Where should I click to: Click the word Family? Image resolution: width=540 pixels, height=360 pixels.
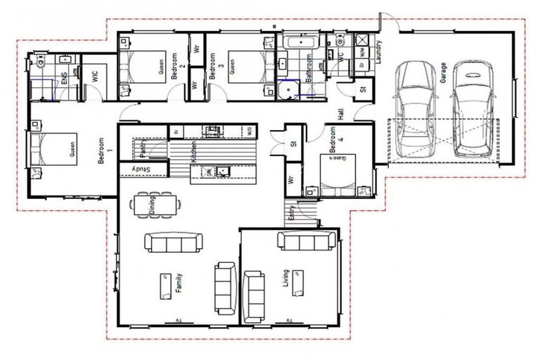click(179, 284)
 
